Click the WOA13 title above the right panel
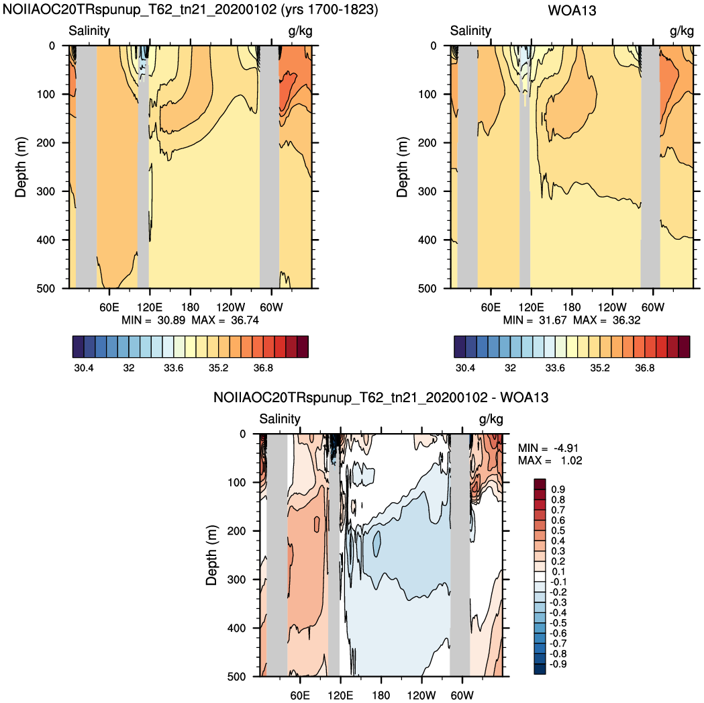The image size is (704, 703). (x=572, y=10)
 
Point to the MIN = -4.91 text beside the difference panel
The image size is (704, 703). (x=548, y=448)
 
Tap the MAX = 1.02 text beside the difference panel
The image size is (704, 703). (x=550, y=461)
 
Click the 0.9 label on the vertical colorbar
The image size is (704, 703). (x=558, y=489)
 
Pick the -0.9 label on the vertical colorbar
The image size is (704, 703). (x=558, y=664)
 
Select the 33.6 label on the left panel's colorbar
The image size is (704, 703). (x=173, y=368)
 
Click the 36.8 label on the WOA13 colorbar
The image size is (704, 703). (x=645, y=368)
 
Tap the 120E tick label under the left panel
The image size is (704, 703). (x=150, y=308)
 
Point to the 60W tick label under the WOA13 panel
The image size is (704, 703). (x=652, y=308)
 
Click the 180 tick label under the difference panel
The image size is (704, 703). (x=381, y=696)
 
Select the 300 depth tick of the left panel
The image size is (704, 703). (x=46, y=191)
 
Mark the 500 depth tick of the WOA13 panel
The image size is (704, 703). (x=427, y=289)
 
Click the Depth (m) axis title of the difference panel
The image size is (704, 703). (x=211, y=555)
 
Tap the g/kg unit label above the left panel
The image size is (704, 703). (x=300, y=31)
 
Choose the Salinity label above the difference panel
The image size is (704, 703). (x=280, y=419)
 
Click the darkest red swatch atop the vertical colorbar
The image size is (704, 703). (x=540, y=484)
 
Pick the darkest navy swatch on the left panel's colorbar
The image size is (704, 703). (x=78, y=346)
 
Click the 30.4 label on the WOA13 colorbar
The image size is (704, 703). (x=465, y=368)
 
